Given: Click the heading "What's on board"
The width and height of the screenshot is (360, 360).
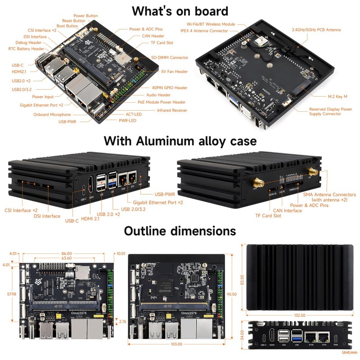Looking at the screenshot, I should pos(180,11).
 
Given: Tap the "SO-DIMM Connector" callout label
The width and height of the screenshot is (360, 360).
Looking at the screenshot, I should pos(170,58).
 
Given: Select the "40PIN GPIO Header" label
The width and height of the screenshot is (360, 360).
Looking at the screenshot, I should pos(169,88).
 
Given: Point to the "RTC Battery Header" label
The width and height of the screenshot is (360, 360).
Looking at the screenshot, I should pos(27,49).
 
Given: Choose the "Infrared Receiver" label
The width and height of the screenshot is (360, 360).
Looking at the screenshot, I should pos(172,110).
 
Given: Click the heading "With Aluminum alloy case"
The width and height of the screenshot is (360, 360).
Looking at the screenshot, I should pos(180,141).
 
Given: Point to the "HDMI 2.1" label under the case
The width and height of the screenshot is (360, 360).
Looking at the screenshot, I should pos(94,219).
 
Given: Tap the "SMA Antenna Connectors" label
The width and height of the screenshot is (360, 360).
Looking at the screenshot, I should pos(329,195).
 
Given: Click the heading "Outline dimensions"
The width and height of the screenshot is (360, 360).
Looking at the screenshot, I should pos(180,231).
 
